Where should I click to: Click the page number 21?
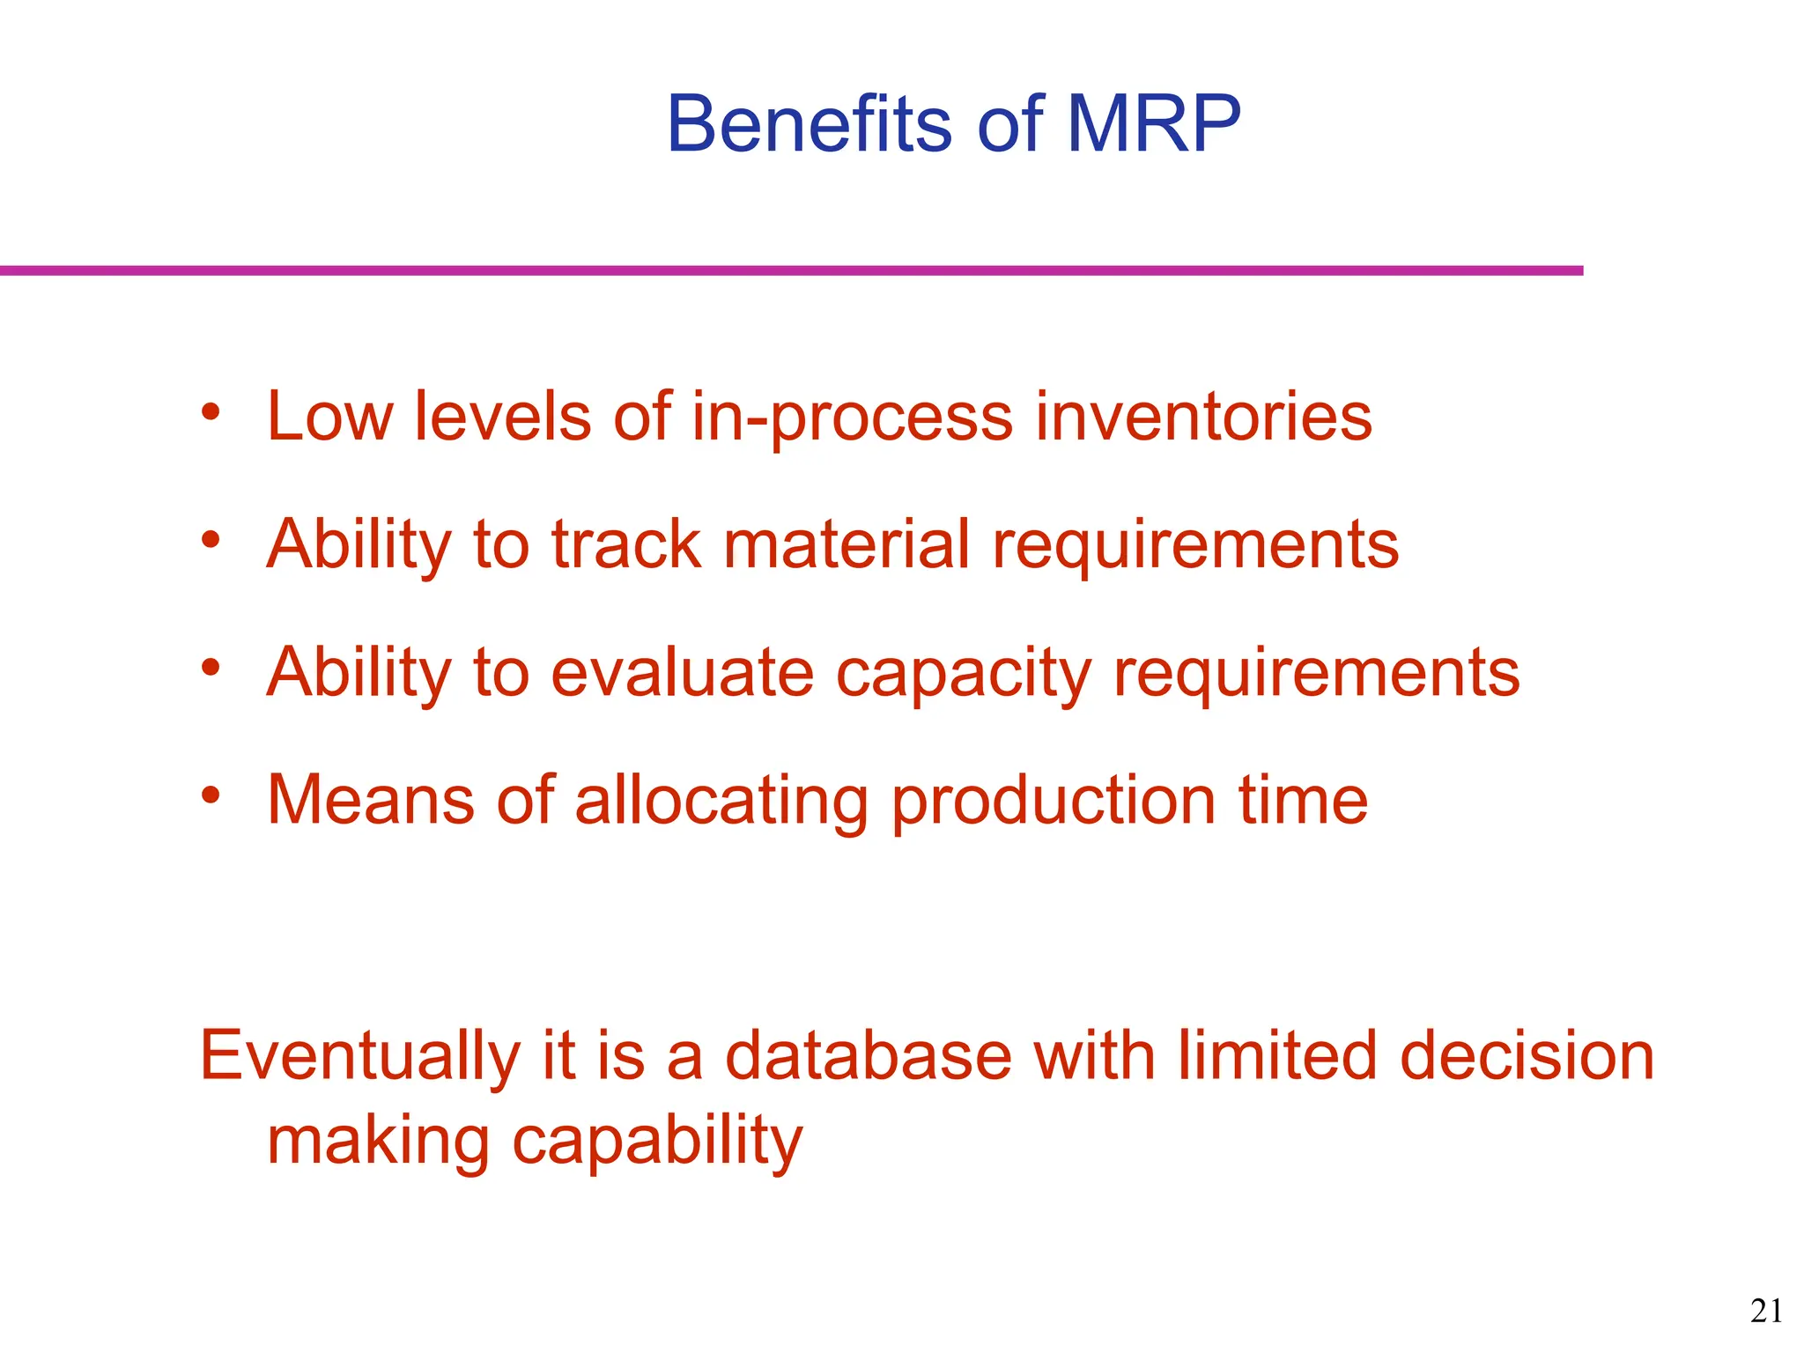pyautogui.click(x=1766, y=1312)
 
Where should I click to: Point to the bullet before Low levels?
pyautogui.click(x=210, y=411)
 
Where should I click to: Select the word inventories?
pyautogui.click(x=1202, y=417)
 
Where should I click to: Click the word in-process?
pyautogui.click(x=852, y=418)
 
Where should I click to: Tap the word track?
pyautogui.click(x=626, y=544)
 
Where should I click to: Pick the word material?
pyautogui.click(x=847, y=544)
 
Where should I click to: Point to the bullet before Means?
pyautogui.click(x=210, y=795)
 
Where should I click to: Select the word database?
pyautogui.click(x=868, y=1055)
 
